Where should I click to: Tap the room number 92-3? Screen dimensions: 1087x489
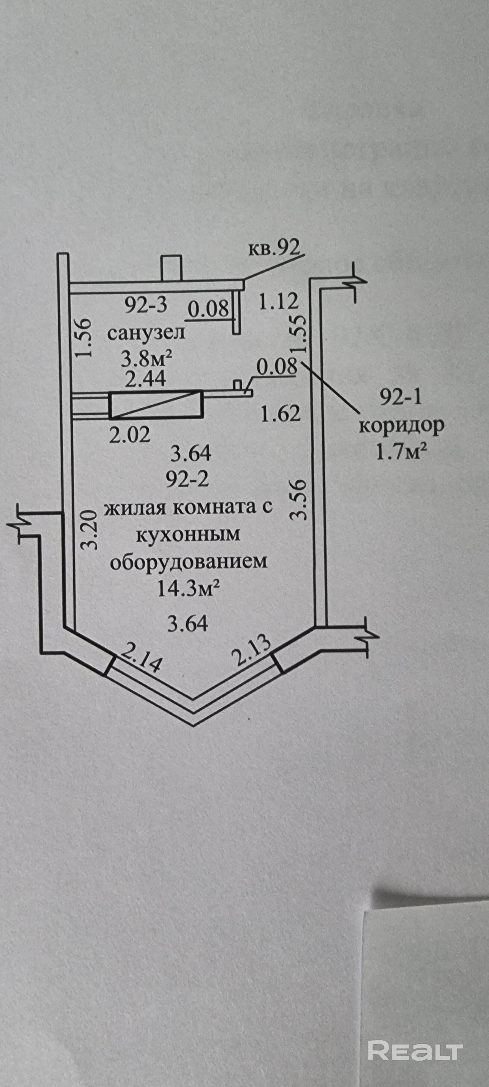point(146,305)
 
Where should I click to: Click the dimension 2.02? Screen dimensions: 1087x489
point(130,435)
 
